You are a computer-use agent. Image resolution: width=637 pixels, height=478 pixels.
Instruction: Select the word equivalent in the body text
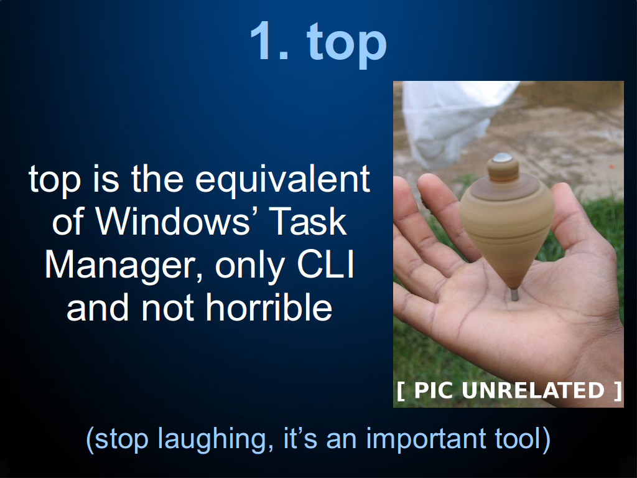[282, 179]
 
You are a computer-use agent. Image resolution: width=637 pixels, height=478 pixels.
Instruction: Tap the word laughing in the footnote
[213, 440]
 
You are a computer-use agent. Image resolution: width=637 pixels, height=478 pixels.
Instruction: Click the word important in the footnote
[425, 440]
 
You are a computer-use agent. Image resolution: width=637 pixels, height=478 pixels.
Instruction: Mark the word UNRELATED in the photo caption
[533, 390]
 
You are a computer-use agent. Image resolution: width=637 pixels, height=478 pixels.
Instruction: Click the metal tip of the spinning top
[514, 294]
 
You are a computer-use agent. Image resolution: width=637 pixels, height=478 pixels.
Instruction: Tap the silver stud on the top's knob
[503, 157]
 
